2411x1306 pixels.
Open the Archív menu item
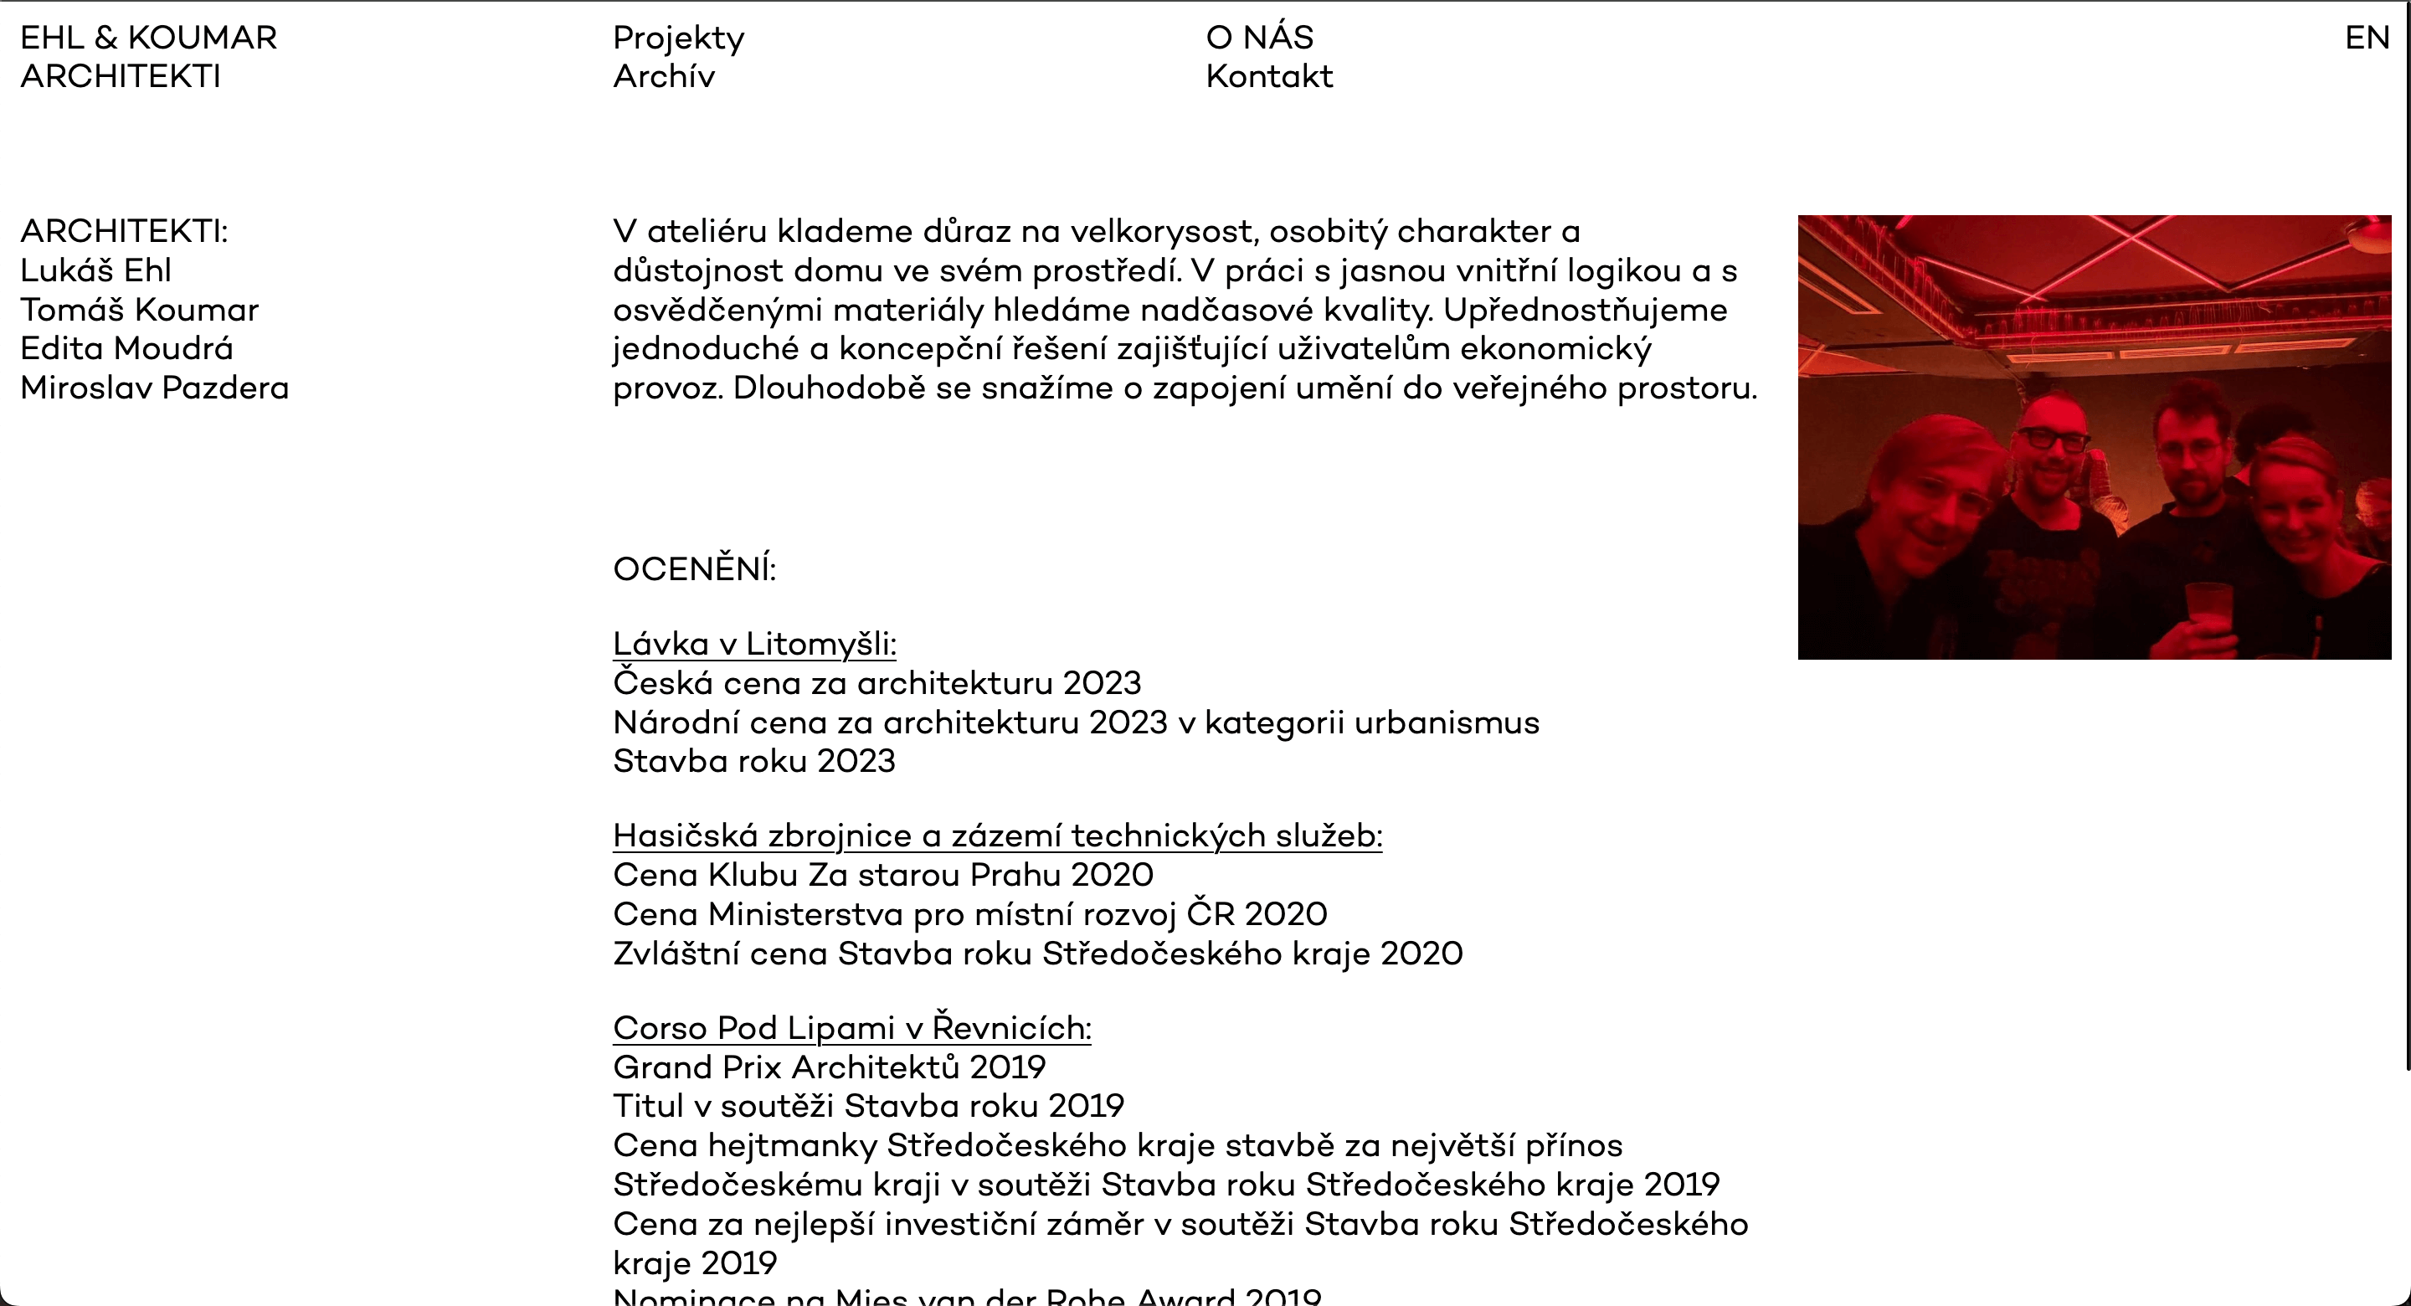click(664, 77)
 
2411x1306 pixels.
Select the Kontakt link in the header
click(1268, 77)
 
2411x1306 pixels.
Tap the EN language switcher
click(2367, 39)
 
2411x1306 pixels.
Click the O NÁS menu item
click(1259, 39)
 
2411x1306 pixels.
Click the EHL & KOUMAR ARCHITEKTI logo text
click(148, 57)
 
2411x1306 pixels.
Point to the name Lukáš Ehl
click(95, 270)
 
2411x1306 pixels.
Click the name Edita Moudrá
click(126, 348)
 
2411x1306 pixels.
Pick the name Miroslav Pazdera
click(154, 388)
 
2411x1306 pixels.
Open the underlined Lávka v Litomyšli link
click(754, 644)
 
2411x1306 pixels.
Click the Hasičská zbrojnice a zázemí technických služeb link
click(997, 836)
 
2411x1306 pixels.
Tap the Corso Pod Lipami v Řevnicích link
click(851, 1028)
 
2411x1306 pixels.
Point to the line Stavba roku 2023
click(753, 761)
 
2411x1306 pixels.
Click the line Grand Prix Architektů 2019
click(828, 1067)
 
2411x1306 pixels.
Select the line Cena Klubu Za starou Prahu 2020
click(882, 874)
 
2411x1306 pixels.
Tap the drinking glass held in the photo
click(2208, 609)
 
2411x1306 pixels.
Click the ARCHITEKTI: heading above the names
click(124, 231)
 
